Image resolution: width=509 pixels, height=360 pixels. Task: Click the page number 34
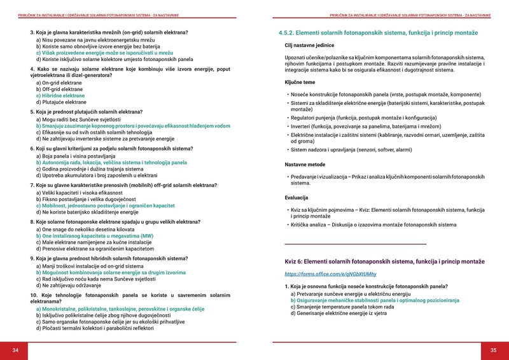point(15,350)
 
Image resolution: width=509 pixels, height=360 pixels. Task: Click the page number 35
point(493,350)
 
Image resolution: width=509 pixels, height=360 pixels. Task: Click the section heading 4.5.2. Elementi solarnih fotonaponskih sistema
point(378,32)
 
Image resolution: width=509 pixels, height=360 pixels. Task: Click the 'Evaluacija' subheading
point(296,198)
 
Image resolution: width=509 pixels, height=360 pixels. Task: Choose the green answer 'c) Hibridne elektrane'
point(65,95)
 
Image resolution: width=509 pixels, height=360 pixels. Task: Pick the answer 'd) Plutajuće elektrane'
point(62,102)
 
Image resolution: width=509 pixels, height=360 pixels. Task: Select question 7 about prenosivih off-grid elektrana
point(123,185)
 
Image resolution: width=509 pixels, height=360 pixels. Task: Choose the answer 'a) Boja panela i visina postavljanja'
point(76,155)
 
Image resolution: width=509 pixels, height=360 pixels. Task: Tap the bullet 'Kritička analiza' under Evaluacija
point(374,225)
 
